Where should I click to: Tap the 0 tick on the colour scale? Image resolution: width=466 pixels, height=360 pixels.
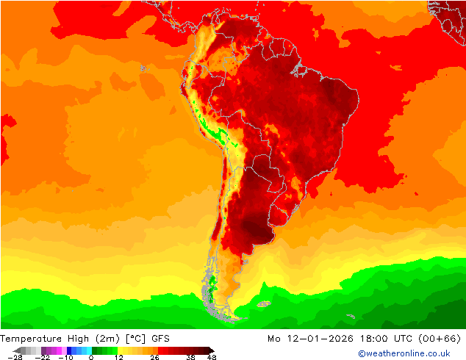(x=91, y=357)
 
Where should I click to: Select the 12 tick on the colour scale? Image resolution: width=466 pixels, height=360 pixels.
(x=118, y=357)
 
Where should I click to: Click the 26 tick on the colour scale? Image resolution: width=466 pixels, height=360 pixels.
(x=154, y=357)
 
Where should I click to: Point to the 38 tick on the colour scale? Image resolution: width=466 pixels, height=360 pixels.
(x=190, y=357)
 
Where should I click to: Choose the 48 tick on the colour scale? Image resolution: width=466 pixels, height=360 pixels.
(x=212, y=357)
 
